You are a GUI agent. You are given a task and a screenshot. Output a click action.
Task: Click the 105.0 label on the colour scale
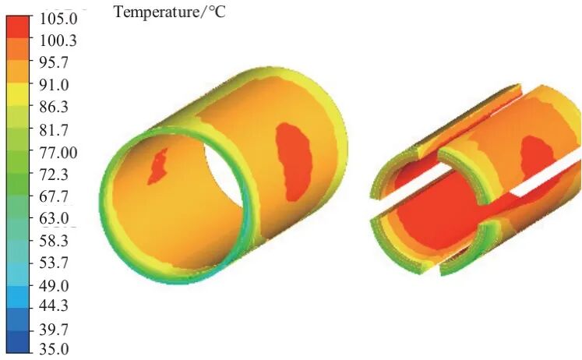coord(58,19)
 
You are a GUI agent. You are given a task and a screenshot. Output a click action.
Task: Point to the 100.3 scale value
coord(58,40)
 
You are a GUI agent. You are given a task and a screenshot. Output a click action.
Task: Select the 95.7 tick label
coord(55,62)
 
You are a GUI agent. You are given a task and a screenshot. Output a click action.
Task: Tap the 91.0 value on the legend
coord(55,85)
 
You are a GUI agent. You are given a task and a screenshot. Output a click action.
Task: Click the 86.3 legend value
coord(55,107)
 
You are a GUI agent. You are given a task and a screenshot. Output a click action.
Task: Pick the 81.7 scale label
coord(55,130)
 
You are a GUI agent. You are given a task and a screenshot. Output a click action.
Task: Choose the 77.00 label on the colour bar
coord(58,153)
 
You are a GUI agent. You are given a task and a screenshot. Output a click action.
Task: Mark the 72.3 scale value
coord(55,174)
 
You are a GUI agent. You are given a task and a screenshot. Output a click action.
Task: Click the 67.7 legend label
coord(55,196)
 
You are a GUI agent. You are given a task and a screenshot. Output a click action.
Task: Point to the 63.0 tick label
coord(55,218)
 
